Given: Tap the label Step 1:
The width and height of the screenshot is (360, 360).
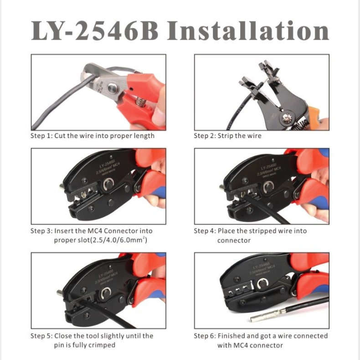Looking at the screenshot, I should tap(41, 136).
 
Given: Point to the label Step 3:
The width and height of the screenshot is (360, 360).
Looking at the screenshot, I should tap(41, 231).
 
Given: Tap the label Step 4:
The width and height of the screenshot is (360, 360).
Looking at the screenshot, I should tap(205, 231).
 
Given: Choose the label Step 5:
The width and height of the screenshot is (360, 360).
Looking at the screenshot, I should tap(41, 336).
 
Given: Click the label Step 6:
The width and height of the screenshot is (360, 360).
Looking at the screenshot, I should tap(205, 336).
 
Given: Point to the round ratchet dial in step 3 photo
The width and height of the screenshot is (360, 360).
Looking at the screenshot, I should tap(108, 184).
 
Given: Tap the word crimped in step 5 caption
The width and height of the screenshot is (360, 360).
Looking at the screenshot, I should tap(102, 345).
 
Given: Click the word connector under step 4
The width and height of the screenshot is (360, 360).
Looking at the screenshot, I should tap(234, 240).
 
